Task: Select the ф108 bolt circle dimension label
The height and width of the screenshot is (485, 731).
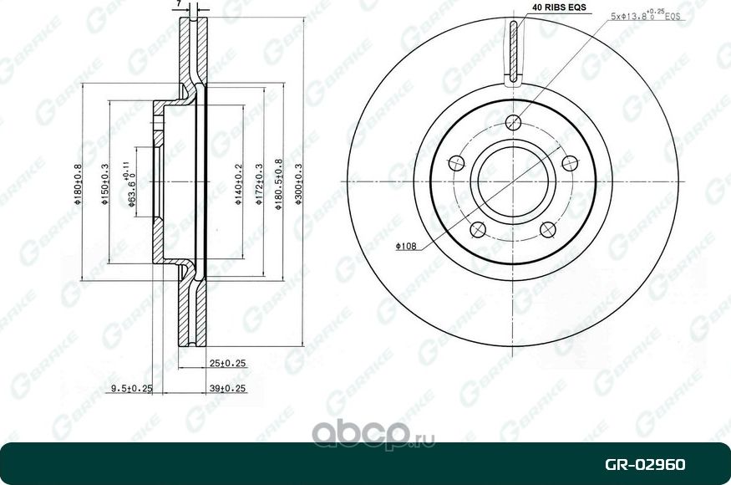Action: click(x=406, y=247)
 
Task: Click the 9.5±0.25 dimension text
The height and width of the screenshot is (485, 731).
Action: click(x=132, y=389)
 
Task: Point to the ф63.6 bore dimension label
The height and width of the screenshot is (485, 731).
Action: click(x=132, y=187)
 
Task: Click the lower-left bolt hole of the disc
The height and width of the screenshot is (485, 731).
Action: click(x=478, y=229)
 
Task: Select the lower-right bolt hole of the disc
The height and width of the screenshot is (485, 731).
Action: click(x=548, y=229)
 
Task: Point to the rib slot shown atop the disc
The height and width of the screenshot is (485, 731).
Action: click(x=513, y=52)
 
